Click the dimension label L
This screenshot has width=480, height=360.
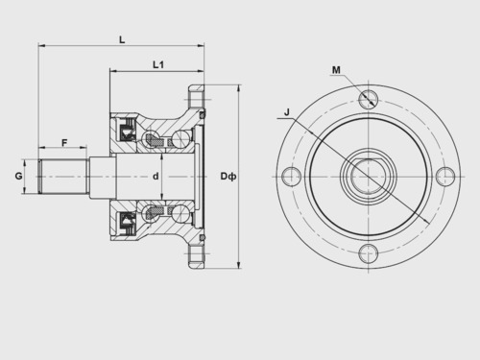tap(122, 40)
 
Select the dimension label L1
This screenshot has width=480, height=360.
tap(158, 65)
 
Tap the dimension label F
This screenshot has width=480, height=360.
tap(64, 143)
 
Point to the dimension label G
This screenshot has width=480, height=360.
tap(19, 176)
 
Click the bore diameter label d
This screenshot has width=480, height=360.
tap(156, 176)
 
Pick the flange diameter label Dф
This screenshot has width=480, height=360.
tap(228, 176)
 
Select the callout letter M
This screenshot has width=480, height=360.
tap(336, 70)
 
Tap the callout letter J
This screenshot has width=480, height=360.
tap(287, 112)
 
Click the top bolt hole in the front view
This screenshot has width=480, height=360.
tap(369, 99)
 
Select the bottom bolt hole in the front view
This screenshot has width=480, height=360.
tap(369, 253)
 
